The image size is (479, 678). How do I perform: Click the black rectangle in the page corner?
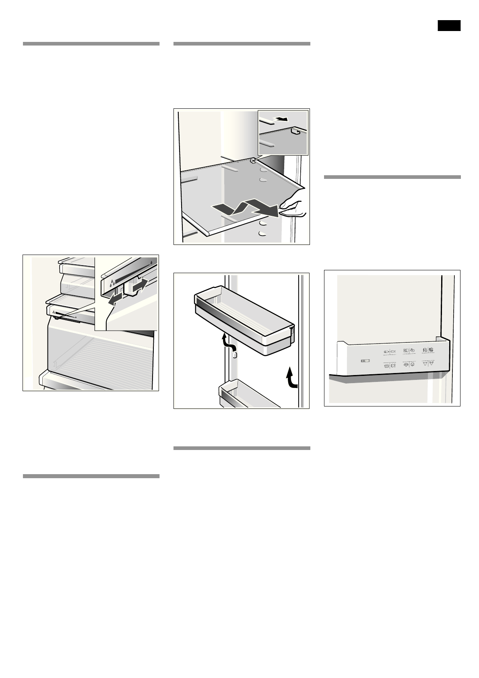pyautogui.click(x=449, y=25)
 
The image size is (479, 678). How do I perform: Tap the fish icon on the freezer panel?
pyautogui.click(x=393, y=351)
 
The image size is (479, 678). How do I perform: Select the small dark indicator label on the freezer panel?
pyautogui.click(x=365, y=361)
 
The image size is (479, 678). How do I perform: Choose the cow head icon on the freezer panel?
pyautogui.click(x=425, y=364)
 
